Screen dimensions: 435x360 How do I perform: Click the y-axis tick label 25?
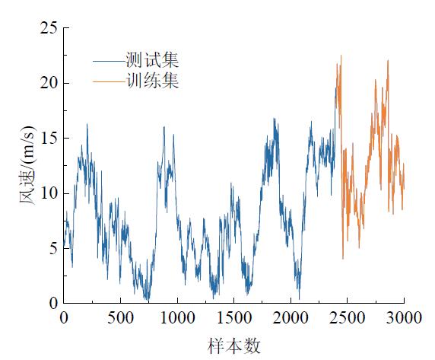(49, 27)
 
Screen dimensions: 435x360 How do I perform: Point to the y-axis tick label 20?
(49, 83)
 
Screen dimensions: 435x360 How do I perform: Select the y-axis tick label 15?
(49, 138)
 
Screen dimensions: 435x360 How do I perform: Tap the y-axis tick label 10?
(49, 193)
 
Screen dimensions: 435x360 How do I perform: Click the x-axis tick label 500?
(120, 317)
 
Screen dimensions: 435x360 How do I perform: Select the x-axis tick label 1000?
(177, 317)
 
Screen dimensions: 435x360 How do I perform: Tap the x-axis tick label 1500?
(234, 317)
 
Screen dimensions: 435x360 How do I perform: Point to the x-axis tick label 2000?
(291, 317)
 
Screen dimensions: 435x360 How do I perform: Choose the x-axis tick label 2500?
(348, 317)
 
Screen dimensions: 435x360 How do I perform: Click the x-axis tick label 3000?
(404, 317)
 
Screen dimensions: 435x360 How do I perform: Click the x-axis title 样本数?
(234, 346)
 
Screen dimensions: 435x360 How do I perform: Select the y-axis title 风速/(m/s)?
(27, 165)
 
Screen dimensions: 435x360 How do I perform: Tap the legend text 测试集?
(152, 60)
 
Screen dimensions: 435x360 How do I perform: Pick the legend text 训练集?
(152, 81)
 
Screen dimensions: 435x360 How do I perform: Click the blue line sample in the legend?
(109, 61)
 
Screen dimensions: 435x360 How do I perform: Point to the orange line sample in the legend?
(109, 81)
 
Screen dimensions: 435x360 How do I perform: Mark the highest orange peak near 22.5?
(341, 56)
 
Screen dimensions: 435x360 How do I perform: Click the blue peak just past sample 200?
(87, 124)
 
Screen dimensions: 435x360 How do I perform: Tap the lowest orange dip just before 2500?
(343, 259)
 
